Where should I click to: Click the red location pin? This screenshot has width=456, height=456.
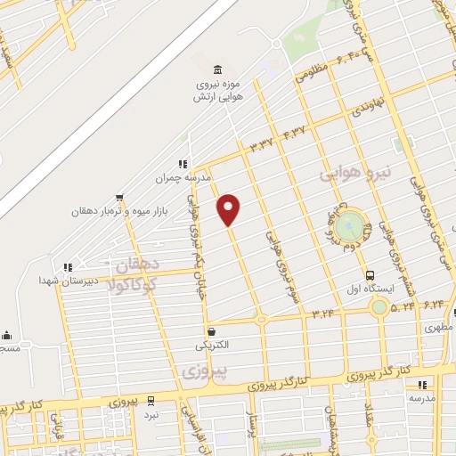click(x=230, y=209)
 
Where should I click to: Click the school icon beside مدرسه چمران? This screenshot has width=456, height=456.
click(x=183, y=164)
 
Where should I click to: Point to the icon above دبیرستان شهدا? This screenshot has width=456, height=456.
click(x=68, y=266)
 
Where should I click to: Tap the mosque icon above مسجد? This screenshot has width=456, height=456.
click(x=8, y=336)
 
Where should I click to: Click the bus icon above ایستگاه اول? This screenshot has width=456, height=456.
click(x=369, y=274)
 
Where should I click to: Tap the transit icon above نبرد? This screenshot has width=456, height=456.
click(x=151, y=400)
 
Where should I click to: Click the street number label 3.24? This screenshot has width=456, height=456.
click(x=322, y=313)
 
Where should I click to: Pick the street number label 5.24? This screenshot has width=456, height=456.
click(x=403, y=305)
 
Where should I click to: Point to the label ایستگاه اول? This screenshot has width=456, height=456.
click(x=365, y=289)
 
